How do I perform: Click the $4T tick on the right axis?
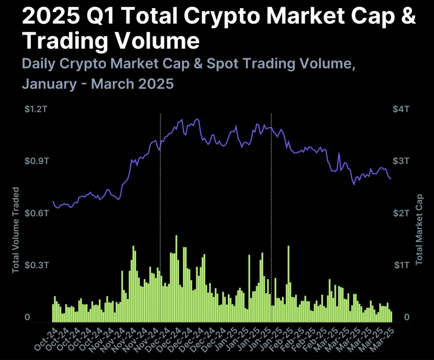pos(401,110)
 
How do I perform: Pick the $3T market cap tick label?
pos(401,161)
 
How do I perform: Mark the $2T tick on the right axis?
pos(401,213)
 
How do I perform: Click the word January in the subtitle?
pos(48,85)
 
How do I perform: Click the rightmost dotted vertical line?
pos(271,217)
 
